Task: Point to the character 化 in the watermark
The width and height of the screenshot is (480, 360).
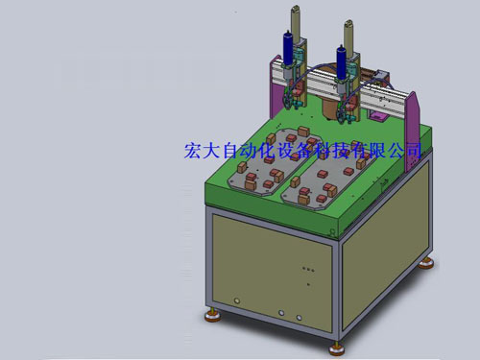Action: (x=268, y=151)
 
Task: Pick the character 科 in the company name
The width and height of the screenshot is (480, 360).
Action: (x=324, y=151)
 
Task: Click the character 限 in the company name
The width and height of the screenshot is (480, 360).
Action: (x=377, y=151)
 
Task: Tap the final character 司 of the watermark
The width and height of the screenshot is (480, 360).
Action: (x=413, y=151)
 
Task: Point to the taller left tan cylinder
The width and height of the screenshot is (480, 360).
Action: (x=296, y=23)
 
